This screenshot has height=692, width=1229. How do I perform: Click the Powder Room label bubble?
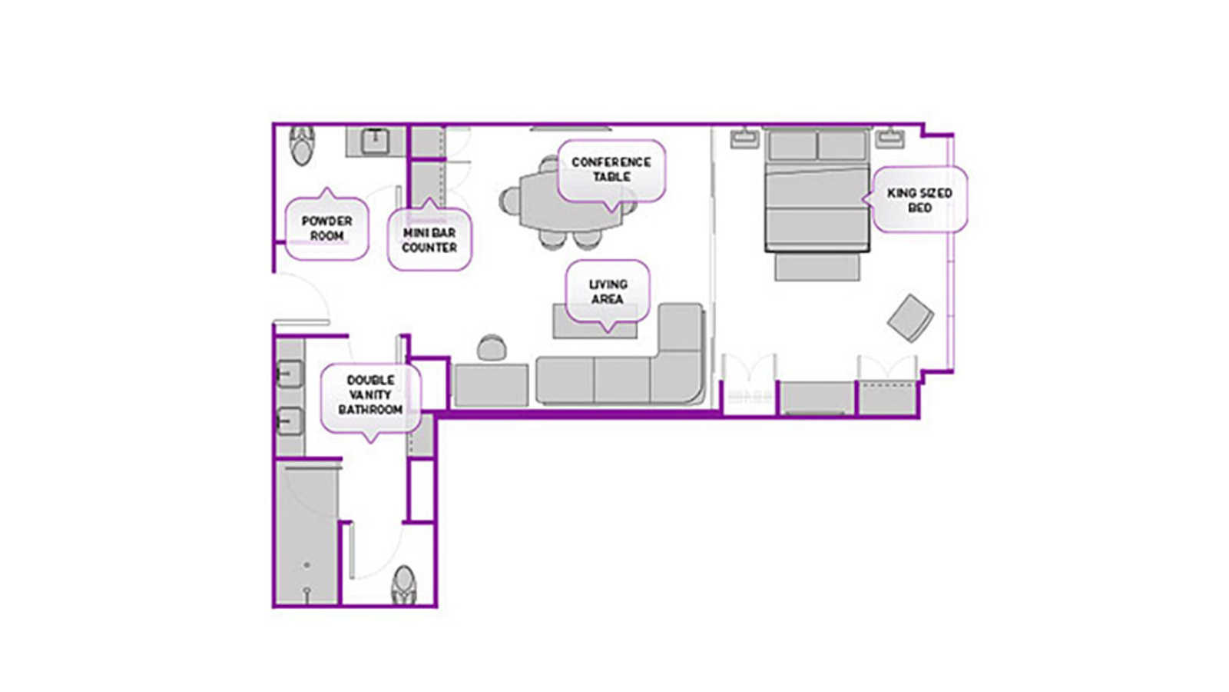(326, 228)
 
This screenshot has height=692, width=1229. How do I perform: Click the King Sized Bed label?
(919, 200)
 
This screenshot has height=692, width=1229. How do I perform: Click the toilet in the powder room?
(303, 145)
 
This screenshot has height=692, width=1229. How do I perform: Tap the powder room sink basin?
(376, 141)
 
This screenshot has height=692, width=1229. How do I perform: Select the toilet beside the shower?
(404, 585)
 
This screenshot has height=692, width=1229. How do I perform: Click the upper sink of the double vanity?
(289, 374)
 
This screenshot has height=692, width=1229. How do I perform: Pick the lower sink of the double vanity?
(289, 421)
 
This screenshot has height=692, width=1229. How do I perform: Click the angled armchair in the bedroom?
(911, 318)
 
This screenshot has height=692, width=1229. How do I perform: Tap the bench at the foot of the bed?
(817, 268)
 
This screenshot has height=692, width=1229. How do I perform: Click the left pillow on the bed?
(792, 145)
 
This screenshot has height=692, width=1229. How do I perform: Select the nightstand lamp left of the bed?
(744, 138)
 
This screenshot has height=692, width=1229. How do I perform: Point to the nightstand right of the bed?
(889, 138)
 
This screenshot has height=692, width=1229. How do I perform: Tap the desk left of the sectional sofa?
(492, 385)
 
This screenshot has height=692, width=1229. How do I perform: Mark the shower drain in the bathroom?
(306, 565)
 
